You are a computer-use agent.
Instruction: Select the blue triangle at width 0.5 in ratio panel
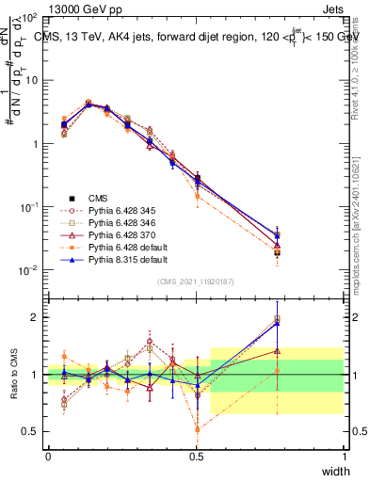[197, 385]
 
